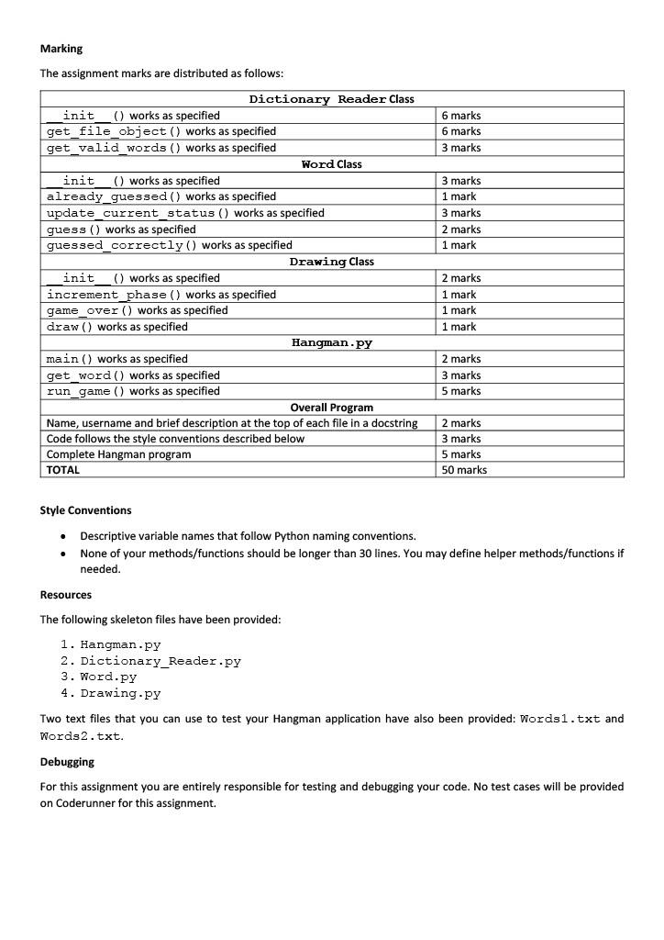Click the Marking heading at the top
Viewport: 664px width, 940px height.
click(x=61, y=49)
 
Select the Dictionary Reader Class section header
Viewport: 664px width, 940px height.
click(x=331, y=99)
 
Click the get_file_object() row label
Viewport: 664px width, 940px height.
click(x=161, y=131)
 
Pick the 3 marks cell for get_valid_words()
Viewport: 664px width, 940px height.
click(x=461, y=148)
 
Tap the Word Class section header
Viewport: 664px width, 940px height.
click(x=331, y=164)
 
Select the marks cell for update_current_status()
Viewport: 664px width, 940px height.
click(x=461, y=213)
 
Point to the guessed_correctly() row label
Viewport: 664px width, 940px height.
click(x=170, y=245)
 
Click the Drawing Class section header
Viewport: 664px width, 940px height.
click(x=331, y=262)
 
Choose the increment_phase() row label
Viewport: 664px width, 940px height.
click(x=161, y=295)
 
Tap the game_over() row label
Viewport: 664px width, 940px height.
click(x=138, y=310)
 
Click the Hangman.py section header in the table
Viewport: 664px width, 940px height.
click(x=331, y=342)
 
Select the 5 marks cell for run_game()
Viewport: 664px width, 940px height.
click(x=461, y=391)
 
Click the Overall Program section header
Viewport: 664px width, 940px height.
click(x=331, y=408)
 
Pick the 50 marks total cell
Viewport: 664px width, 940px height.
click(x=464, y=470)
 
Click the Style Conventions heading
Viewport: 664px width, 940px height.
click(x=85, y=510)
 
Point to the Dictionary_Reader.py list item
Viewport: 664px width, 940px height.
click(x=160, y=661)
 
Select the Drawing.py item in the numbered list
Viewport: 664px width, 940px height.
click(x=120, y=693)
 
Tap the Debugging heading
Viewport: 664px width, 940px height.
click(x=67, y=762)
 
